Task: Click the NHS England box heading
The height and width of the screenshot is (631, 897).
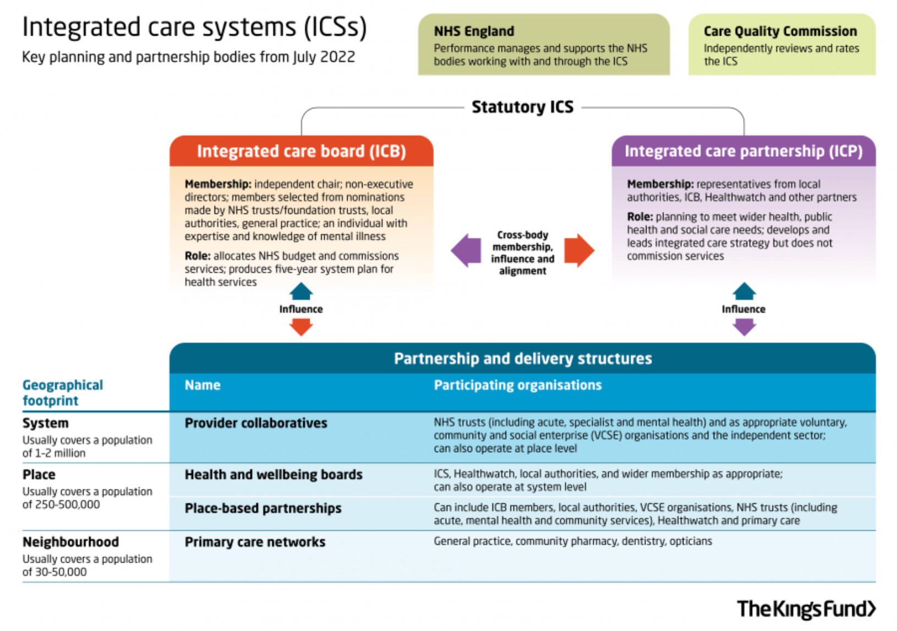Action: pyautogui.click(x=474, y=31)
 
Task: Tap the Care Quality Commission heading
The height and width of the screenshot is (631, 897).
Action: pyautogui.click(x=780, y=31)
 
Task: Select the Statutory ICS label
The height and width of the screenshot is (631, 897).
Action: pyautogui.click(x=522, y=107)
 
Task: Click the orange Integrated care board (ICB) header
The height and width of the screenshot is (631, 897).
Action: pyautogui.click(x=301, y=151)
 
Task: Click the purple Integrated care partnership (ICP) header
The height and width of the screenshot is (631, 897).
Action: pyautogui.click(x=743, y=151)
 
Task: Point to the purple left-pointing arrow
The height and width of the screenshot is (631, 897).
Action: pyautogui.click(x=466, y=251)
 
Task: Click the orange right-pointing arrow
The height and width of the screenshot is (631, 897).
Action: pyautogui.click(x=579, y=251)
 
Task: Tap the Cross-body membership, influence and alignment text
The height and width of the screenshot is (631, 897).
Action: pyautogui.click(x=522, y=253)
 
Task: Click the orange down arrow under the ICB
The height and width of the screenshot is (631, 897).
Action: pyautogui.click(x=301, y=327)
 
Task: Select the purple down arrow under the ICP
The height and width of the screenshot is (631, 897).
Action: pyautogui.click(x=744, y=327)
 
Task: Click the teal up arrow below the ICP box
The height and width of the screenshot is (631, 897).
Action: pyautogui.click(x=744, y=291)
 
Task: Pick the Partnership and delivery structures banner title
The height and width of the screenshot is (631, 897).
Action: pyautogui.click(x=522, y=359)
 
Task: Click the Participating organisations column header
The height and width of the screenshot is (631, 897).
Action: pyautogui.click(x=517, y=385)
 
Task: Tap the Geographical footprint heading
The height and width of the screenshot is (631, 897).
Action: pyautogui.click(x=62, y=392)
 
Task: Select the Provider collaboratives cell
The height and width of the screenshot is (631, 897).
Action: pyautogui.click(x=256, y=423)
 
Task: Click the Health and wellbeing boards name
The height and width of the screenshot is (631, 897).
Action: pyautogui.click(x=274, y=474)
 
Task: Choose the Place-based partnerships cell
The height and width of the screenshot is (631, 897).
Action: pyautogui.click(x=263, y=508)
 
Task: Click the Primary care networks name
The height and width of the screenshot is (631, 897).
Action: pyautogui.click(x=255, y=542)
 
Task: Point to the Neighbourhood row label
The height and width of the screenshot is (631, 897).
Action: pyautogui.click(x=70, y=542)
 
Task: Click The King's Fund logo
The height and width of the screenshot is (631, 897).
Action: pyautogui.click(x=806, y=608)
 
